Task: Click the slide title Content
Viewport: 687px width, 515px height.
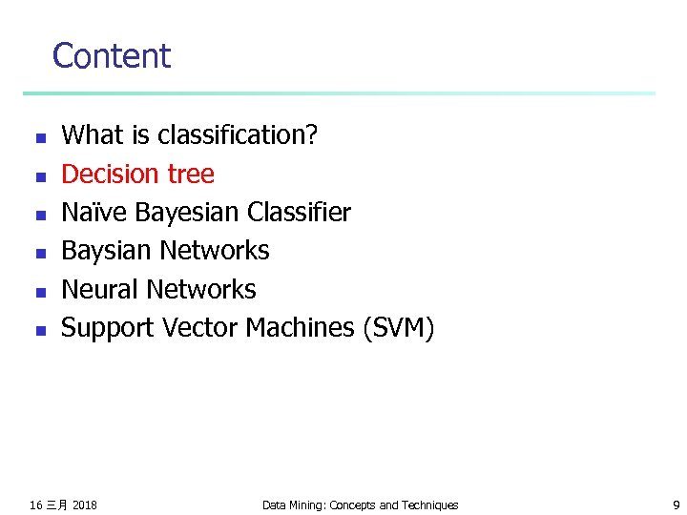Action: [111, 56]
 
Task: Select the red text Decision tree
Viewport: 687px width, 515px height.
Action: [137, 175]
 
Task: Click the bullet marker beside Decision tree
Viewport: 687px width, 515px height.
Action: [39, 176]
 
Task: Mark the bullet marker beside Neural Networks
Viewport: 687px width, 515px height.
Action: [39, 292]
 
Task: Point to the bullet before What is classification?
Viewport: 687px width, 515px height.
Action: [39, 138]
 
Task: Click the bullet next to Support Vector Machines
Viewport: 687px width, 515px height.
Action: [39, 331]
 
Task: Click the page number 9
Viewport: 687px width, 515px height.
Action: [676, 505]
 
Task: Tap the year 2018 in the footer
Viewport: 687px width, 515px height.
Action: [84, 505]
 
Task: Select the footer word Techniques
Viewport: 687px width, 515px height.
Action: [427, 505]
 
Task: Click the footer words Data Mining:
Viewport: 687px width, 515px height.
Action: [293, 505]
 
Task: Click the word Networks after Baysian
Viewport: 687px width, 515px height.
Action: [215, 251]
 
